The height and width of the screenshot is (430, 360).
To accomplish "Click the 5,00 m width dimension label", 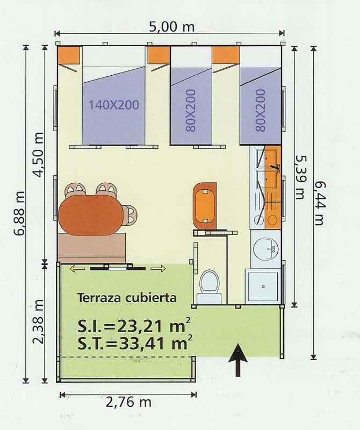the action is [x=171, y=27].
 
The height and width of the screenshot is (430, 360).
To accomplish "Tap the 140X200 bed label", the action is [x=114, y=105].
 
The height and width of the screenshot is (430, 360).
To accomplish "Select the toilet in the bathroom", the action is [x=210, y=286].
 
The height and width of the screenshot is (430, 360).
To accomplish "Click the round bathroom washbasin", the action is [x=265, y=248].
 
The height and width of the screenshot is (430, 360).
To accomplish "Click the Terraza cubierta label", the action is [x=127, y=298].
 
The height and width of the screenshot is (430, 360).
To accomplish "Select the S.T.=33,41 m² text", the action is [x=134, y=343].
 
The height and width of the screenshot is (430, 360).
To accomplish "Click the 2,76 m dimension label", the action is [x=128, y=403].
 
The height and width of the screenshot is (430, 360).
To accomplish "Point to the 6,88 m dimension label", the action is [x=20, y=213].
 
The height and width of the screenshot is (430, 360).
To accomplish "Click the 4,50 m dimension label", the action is [x=39, y=155].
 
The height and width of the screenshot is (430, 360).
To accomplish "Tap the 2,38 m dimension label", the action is [x=38, y=321].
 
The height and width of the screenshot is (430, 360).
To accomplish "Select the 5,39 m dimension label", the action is [x=300, y=177].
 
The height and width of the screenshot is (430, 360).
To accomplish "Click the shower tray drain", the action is [x=263, y=286].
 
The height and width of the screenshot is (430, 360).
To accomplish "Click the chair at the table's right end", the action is [x=129, y=214].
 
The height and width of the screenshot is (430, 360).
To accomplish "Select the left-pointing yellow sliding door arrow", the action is [x=76, y=269].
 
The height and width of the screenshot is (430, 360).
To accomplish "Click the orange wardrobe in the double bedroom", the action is [x=69, y=55].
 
